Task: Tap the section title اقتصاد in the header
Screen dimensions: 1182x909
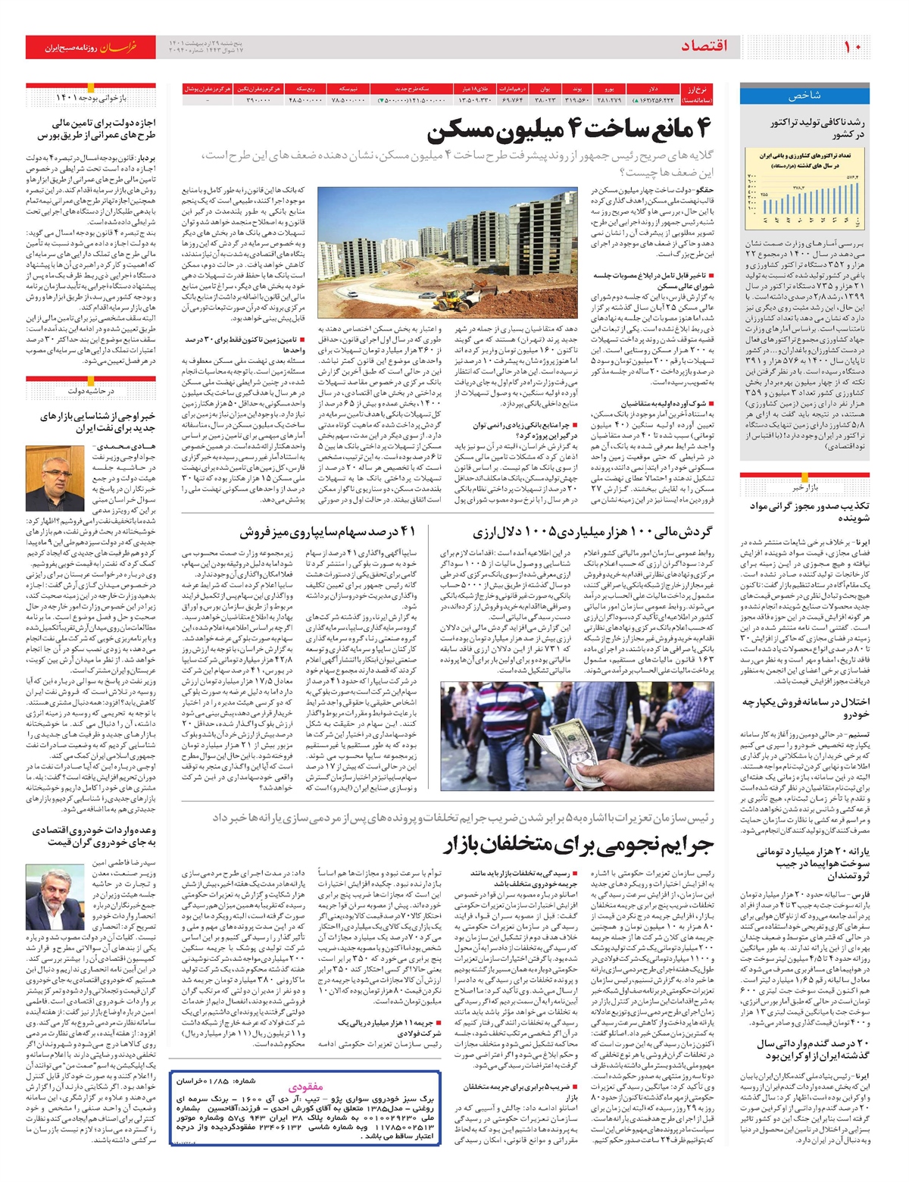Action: click(x=704, y=46)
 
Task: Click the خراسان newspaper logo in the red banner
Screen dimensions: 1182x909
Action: click(x=120, y=47)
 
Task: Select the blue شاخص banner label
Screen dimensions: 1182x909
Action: click(x=804, y=96)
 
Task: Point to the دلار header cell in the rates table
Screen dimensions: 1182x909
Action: click(x=653, y=89)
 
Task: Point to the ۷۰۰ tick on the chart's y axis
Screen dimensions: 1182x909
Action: click(x=752, y=177)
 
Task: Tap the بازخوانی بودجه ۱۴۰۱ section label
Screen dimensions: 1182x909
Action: click(x=91, y=98)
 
